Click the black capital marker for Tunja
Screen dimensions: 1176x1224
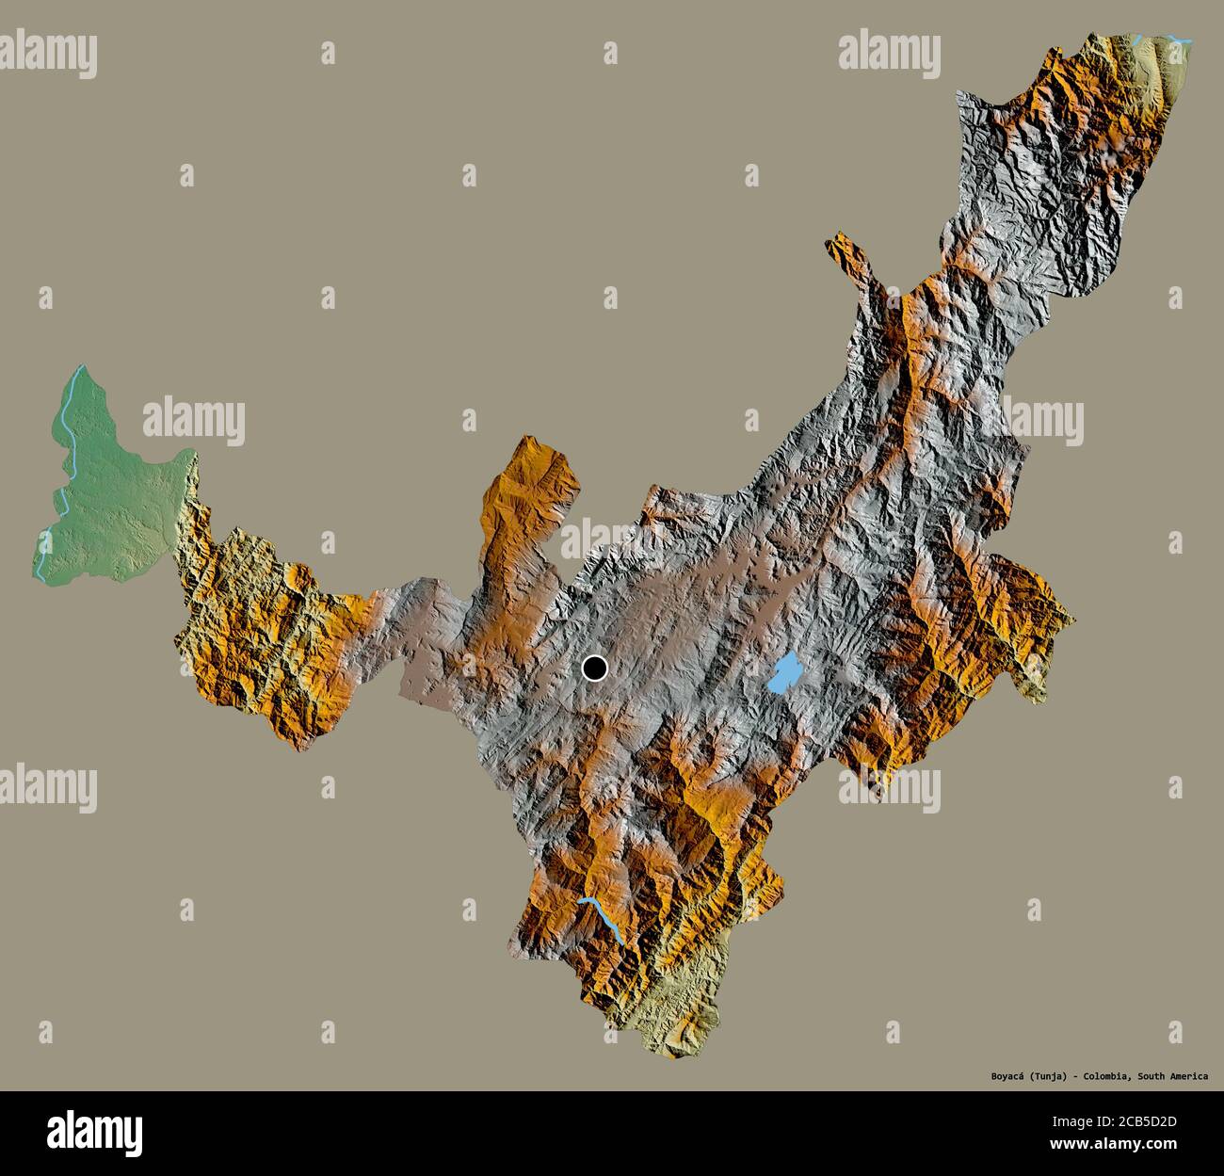point(594,669)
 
